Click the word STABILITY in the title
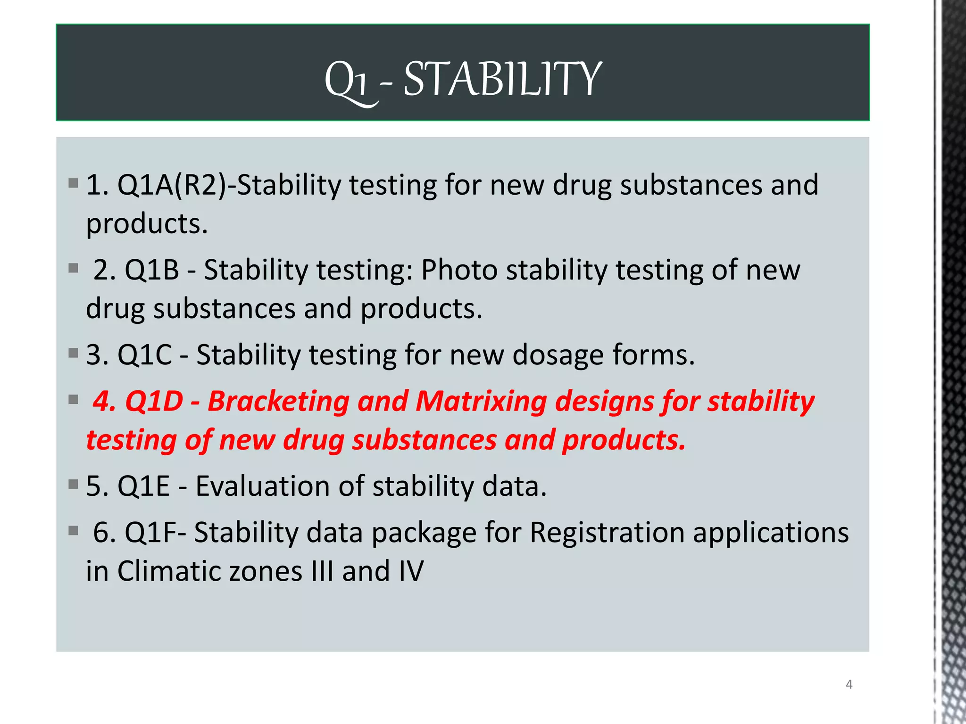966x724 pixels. (502, 79)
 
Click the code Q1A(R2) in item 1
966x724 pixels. (172, 185)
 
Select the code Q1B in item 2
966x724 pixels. (152, 270)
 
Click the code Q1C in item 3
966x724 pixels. (144, 354)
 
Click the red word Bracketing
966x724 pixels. (278, 401)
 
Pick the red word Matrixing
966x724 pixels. (481, 401)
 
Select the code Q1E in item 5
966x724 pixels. (143, 486)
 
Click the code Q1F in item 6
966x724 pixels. (152, 533)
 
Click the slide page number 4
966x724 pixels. (849, 684)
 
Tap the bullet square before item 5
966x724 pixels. (73, 484)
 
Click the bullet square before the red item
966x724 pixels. (73, 400)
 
